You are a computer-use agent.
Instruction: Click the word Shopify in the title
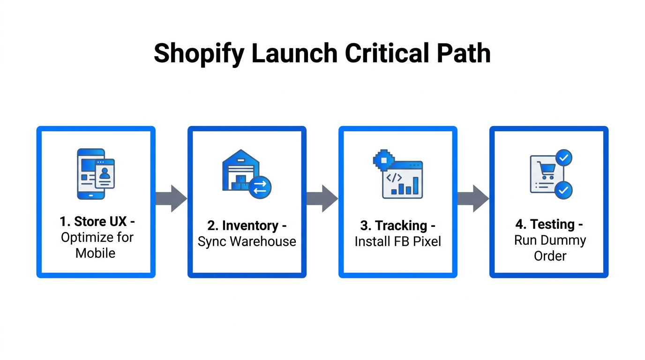click(x=199, y=53)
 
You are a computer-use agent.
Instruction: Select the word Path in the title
click(x=465, y=53)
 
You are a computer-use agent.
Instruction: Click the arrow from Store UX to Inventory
click(x=172, y=198)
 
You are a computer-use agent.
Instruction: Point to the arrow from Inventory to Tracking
click(x=322, y=198)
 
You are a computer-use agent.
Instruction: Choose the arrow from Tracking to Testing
click(x=473, y=198)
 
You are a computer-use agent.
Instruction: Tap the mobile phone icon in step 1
click(x=91, y=174)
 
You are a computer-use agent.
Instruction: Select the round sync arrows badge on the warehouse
click(x=260, y=187)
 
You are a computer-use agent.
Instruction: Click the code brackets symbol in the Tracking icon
click(x=393, y=178)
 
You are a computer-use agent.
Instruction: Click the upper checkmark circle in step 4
click(x=563, y=158)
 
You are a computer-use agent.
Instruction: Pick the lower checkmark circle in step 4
click(x=563, y=190)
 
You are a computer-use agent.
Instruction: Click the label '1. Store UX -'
click(x=97, y=221)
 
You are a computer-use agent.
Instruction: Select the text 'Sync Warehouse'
click(x=247, y=241)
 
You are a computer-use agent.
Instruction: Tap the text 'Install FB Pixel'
click(x=397, y=241)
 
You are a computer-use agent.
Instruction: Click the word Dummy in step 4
click(x=563, y=240)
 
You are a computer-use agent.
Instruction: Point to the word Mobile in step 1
click(x=96, y=253)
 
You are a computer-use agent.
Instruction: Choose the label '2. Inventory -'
click(x=247, y=225)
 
